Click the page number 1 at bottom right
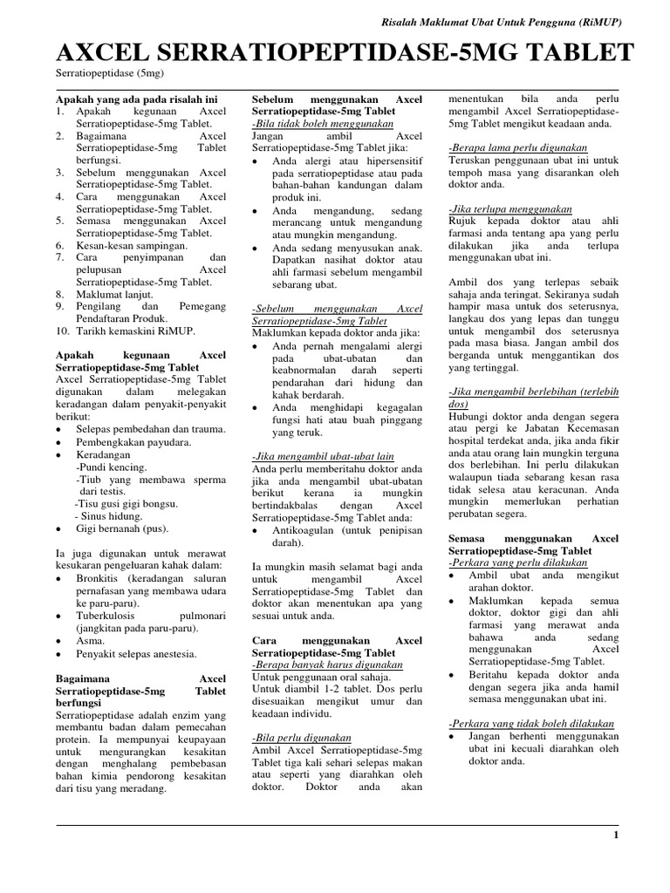click(x=616, y=835)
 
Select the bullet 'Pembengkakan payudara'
click(x=140, y=441)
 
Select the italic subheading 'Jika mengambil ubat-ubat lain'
click(x=323, y=456)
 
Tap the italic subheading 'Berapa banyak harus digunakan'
click(x=323, y=665)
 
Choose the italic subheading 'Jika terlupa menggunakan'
click(x=510, y=209)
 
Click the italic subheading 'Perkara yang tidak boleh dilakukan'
click(x=531, y=724)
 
